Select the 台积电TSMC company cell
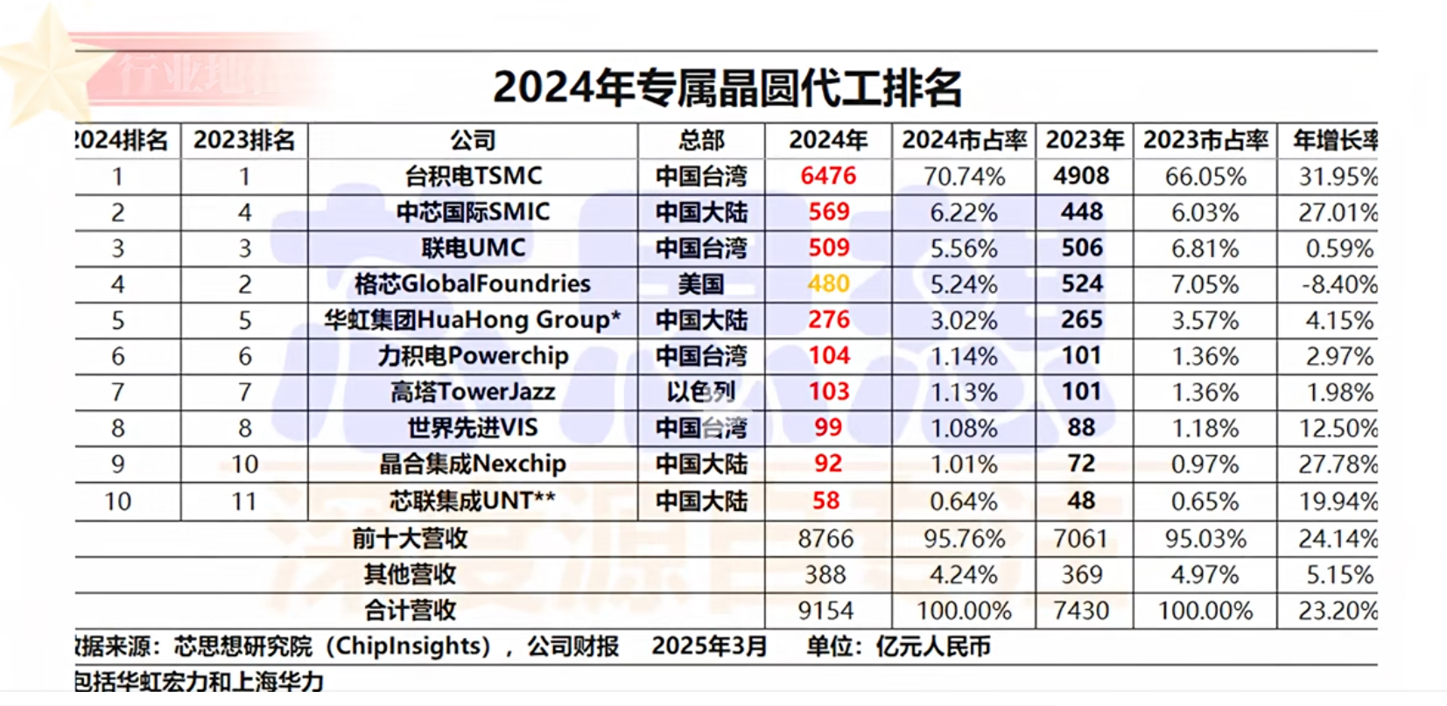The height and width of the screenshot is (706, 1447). click(473, 176)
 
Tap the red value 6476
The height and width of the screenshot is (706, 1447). click(827, 176)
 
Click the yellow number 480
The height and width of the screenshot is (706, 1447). click(828, 284)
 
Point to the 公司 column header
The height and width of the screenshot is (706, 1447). click(473, 140)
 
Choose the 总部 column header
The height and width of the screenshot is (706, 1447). click(701, 140)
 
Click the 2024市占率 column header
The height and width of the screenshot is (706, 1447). click(964, 140)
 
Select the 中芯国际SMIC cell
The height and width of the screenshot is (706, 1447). click(473, 212)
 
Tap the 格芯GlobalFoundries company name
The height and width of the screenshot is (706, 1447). click(473, 284)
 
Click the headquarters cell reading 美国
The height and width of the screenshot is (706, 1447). click(701, 284)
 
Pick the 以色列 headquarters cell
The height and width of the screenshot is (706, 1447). click(701, 392)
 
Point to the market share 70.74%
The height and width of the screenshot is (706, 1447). click(964, 177)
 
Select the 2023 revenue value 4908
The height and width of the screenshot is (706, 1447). click(1081, 176)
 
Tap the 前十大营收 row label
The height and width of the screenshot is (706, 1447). click(410, 538)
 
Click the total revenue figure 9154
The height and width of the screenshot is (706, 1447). click(825, 611)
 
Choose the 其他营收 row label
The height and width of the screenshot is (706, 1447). click(410, 574)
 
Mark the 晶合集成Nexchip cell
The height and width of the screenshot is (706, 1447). click(473, 464)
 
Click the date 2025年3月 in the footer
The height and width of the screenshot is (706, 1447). click(709, 647)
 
